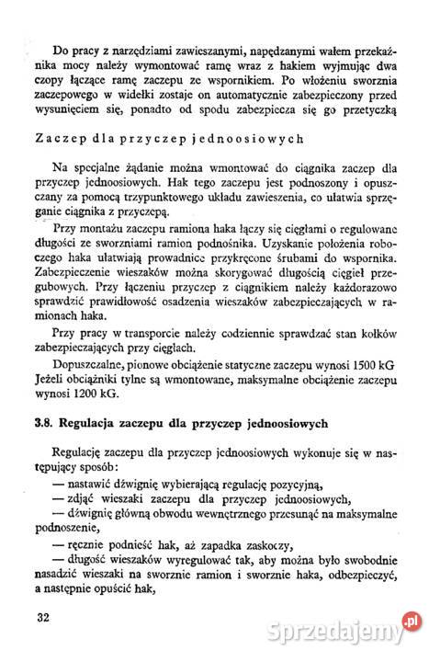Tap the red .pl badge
coord(415,622)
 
